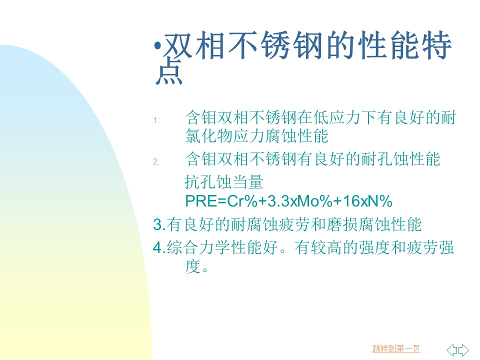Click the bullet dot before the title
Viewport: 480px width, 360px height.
(157, 46)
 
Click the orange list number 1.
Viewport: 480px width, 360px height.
(156, 120)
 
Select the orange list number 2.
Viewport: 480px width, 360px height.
(156, 161)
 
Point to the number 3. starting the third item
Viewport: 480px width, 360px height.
(159, 224)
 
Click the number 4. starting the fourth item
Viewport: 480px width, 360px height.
(159, 247)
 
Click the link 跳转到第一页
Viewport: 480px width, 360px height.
(396, 348)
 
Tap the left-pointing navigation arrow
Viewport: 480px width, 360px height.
(452, 350)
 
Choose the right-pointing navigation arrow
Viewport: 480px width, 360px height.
(463, 350)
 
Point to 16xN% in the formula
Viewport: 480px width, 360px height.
(367, 201)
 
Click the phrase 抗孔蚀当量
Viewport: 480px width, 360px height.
(224, 182)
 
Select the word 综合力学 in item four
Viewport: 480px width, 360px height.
(198, 247)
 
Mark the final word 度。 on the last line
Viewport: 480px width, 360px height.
(196, 266)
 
